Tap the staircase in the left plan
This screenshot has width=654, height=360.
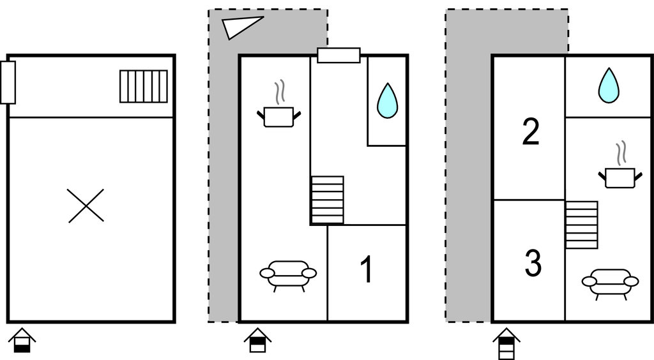[x=144, y=86]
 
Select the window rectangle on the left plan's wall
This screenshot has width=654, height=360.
[x=8, y=82]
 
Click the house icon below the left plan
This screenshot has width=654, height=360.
[x=22, y=340]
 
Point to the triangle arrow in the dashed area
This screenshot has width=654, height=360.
[x=241, y=27]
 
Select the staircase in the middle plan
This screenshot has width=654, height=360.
[x=327, y=200]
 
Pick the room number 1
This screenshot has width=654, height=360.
[x=366, y=269]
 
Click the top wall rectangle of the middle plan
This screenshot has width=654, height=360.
[x=338, y=56]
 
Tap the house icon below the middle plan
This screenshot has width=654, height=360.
[x=257, y=340]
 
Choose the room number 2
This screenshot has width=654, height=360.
[x=530, y=132]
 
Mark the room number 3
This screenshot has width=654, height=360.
[x=533, y=263]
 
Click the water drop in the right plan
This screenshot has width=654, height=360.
[x=609, y=86]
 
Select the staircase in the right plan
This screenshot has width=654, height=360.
[x=582, y=225]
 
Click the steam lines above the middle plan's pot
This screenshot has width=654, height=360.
[x=279, y=93]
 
